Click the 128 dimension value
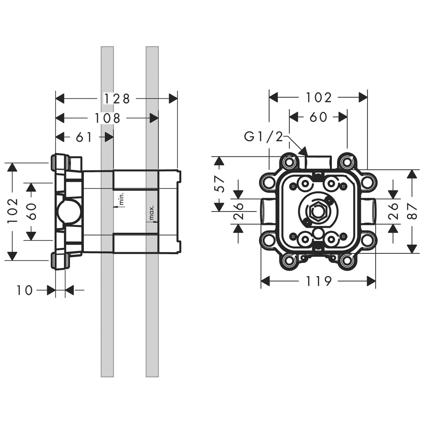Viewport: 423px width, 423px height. tap(117, 99)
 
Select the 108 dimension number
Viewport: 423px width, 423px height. tap(107, 118)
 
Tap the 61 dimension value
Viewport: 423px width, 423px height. tap(84, 137)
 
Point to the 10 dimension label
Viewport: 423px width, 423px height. tap(24, 291)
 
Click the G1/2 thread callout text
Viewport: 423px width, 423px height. tap(263, 137)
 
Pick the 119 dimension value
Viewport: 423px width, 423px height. tap(319, 281)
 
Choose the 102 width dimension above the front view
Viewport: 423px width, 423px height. tap(319, 98)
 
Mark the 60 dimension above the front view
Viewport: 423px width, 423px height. tap(318, 117)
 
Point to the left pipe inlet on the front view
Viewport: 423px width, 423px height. tap(266, 211)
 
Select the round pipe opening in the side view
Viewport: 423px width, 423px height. tap(67, 211)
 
